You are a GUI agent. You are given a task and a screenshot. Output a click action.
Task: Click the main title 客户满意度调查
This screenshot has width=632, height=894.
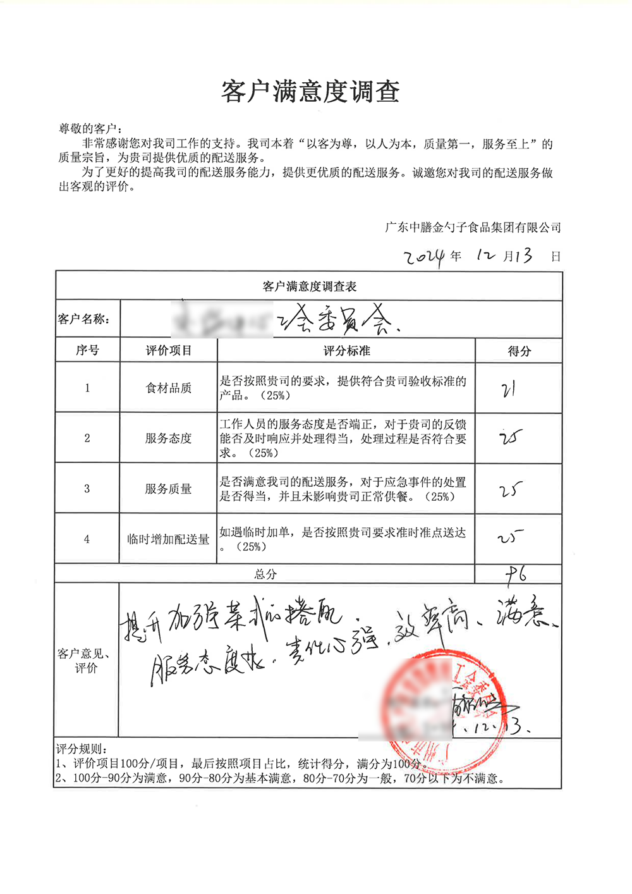point(310,92)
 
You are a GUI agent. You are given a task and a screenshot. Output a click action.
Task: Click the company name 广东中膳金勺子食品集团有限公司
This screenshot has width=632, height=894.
point(473,228)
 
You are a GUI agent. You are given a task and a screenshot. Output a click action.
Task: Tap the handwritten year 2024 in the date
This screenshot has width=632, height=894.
point(425,257)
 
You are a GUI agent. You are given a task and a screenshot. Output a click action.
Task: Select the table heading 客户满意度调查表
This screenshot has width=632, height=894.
point(310,286)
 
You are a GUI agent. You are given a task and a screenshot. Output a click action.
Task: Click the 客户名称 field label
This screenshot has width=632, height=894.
point(84,319)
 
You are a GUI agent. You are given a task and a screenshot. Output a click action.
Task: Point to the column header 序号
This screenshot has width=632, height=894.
point(87,350)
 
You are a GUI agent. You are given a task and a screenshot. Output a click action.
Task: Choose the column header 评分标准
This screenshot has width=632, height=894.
point(346,351)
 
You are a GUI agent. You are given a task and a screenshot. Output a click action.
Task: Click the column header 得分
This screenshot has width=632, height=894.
point(519,352)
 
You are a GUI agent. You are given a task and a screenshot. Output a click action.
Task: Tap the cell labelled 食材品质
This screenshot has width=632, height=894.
point(168,388)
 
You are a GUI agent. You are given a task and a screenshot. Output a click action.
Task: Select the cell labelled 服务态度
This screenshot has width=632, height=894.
point(168,438)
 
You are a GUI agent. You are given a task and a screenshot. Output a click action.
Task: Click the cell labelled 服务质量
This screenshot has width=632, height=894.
point(168,489)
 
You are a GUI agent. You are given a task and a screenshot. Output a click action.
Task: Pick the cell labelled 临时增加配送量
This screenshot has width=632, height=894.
point(168,539)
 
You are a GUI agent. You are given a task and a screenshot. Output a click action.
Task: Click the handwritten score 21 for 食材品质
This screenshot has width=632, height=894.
point(509,389)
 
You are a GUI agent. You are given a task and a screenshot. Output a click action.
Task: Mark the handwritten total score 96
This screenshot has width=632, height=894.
point(516,574)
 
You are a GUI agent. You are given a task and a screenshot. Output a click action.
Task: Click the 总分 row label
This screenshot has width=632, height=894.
point(265,574)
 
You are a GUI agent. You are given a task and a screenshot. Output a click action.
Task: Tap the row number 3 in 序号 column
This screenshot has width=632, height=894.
point(87,489)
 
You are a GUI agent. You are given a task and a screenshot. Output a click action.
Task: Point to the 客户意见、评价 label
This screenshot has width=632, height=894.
point(86,661)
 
